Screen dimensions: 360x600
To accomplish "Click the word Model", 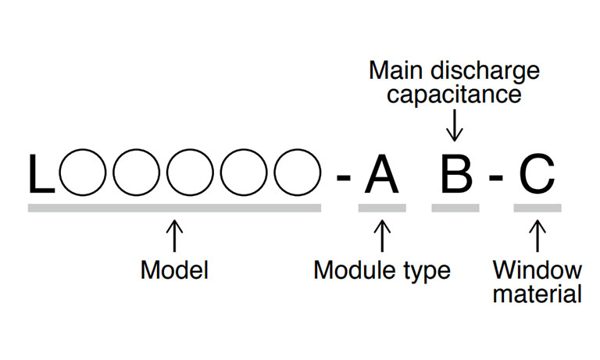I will pyautogui.click(x=174, y=271).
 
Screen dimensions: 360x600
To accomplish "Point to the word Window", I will pyautogui.click(x=537, y=271).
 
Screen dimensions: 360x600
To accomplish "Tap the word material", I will pyautogui.click(x=537, y=294).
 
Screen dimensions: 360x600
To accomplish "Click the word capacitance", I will pyautogui.click(x=455, y=95).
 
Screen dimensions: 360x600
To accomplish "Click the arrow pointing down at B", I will pyautogui.click(x=455, y=123).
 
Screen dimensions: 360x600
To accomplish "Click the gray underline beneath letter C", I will pyautogui.click(x=537, y=208).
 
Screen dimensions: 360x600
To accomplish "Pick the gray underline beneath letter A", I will pyautogui.click(x=381, y=208).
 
